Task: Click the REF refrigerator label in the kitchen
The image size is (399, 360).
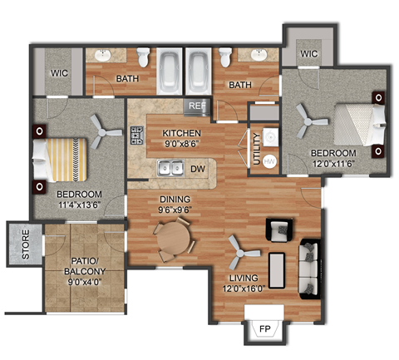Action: pyautogui.click(x=197, y=106)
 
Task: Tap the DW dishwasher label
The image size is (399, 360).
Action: pyautogui.click(x=198, y=169)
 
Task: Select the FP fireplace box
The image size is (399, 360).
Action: pyautogui.click(x=264, y=328)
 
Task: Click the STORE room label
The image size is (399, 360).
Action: pyautogui.click(x=26, y=244)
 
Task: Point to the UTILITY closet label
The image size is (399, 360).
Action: pyautogui.click(x=257, y=148)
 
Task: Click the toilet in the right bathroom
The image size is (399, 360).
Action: pyautogui.click(x=224, y=58)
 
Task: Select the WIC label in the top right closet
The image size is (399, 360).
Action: pyautogui.click(x=310, y=54)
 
